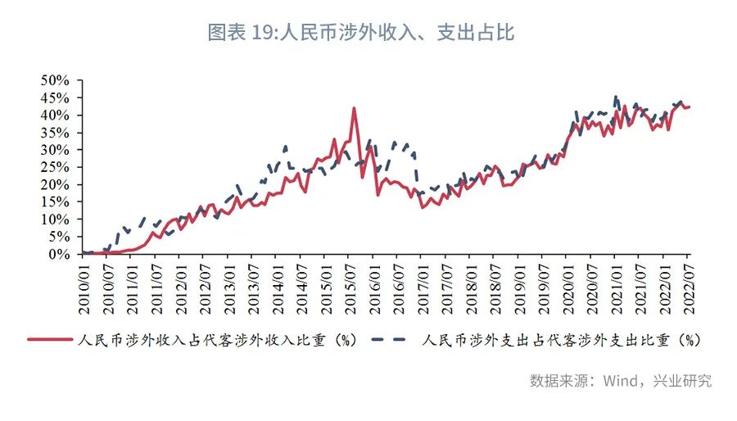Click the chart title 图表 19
point(360,33)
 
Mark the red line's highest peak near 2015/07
point(354,108)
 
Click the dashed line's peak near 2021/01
point(615,97)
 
